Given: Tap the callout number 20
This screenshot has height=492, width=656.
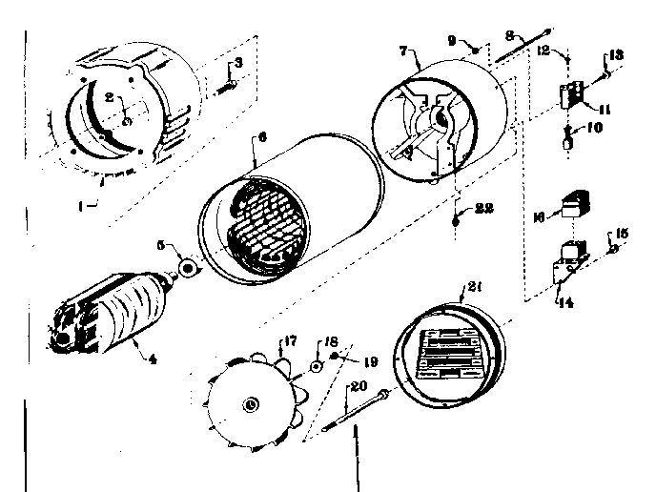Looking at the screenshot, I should tap(359, 386).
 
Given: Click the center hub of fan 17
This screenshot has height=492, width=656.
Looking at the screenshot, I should tap(251, 404).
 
